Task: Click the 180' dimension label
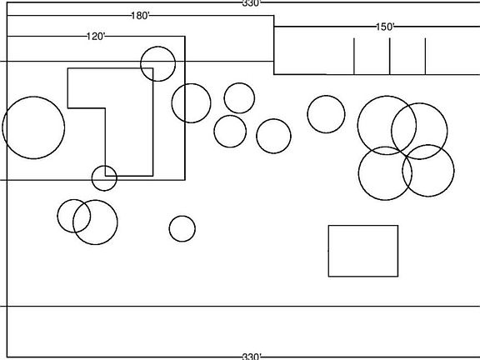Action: coord(140,16)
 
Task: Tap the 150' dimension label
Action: coord(385,27)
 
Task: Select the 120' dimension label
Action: coord(96,37)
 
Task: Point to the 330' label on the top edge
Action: coord(252,3)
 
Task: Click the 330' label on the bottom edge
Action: coord(252,357)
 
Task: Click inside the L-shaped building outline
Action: coord(128,122)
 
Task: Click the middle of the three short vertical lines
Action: coord(390,57)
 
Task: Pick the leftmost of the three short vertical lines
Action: coord(354,57)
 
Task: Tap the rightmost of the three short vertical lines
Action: coord(425,57)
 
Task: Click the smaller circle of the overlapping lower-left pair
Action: coord(57,216)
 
